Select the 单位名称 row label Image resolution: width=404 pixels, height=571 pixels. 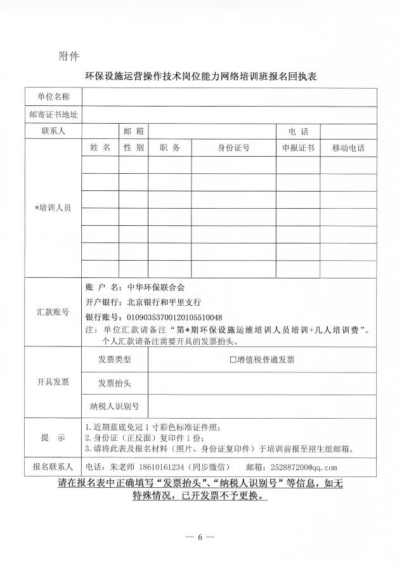53,96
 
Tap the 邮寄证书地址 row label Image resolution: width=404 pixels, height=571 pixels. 53,114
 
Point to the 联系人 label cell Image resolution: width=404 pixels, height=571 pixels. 53,131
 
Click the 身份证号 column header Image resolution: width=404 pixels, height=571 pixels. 233,148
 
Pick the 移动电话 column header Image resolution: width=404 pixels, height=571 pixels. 348,148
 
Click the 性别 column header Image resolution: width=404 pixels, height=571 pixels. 133,148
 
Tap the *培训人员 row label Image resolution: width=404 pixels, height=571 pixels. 53,207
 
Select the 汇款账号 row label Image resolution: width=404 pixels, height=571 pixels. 53,312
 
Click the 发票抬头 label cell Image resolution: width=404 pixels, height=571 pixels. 115,383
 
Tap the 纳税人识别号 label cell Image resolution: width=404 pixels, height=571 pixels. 115,406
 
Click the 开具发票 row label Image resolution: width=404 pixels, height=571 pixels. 53,382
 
